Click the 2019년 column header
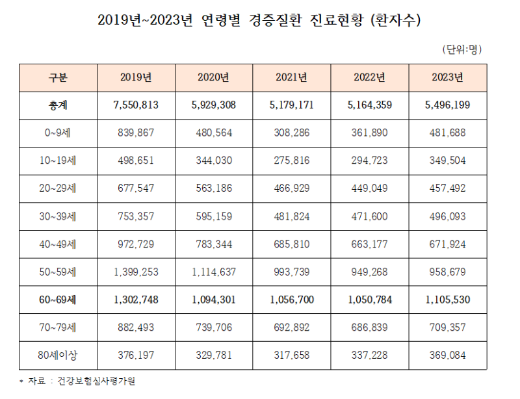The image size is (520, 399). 136,77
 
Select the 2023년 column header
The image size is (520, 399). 447,77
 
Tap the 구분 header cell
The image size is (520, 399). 58,77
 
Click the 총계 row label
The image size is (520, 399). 58,105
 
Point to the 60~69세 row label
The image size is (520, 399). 58,300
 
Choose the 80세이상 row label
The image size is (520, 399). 58,355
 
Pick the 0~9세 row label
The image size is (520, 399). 58,133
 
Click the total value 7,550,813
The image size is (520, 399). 136,105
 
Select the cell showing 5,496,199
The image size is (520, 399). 447,105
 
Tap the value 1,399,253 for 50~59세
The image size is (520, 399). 136,272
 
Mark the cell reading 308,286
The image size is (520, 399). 292,133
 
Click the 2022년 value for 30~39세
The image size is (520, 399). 370,216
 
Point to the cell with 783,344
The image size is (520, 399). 214,244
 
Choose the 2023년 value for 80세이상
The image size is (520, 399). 447,355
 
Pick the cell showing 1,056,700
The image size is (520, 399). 292,300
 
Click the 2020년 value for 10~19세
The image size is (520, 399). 214,161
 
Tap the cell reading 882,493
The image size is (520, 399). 136,328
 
